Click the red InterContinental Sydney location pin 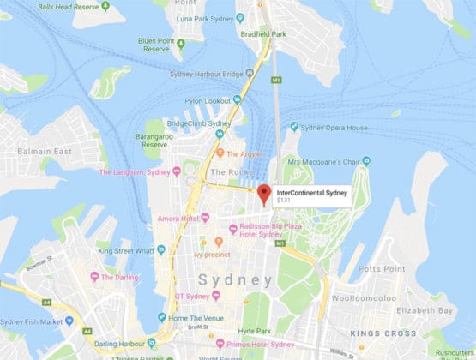click(264, 192)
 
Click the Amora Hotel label click(178, 219)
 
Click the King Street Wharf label click(126, 251)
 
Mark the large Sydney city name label click(235, 280)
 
